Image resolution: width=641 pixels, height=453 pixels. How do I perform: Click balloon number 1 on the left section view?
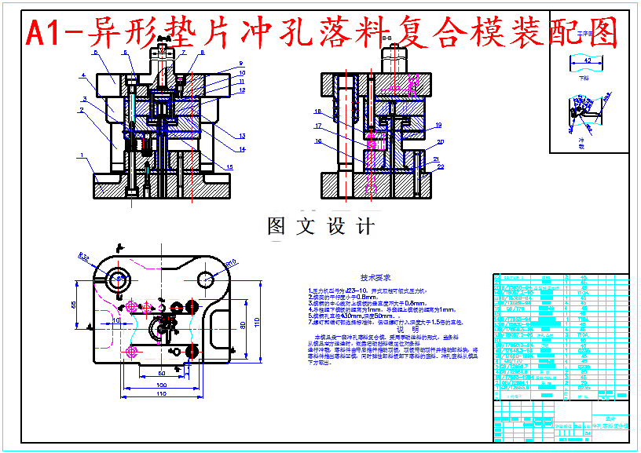click(82, 155)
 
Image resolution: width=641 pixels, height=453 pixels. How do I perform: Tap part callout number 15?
click(229, 166)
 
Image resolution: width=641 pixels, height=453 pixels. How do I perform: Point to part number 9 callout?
click(241, 63)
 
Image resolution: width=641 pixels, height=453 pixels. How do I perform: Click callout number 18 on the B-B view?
click(318, 111)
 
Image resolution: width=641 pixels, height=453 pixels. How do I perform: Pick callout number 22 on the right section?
click(441, 166)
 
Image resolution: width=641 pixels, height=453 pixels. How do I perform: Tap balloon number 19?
click(438, 125)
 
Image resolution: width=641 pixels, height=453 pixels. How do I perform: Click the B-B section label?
click(386, 37)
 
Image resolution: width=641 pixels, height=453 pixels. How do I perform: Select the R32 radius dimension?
click(84, 257)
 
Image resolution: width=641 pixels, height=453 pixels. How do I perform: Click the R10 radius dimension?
click(231, 262)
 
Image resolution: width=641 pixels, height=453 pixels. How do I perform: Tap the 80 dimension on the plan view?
click(243, 323)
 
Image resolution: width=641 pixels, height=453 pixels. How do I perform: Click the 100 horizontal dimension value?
click(162, 385)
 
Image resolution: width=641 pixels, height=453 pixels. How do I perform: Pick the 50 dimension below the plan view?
click(161, 373)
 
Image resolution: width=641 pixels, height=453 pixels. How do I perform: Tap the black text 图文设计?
click(320, 227)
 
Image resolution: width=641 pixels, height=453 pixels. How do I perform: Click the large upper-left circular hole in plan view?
click(120, 277)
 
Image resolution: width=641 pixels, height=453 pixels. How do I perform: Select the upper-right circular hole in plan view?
click(206, 279)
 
